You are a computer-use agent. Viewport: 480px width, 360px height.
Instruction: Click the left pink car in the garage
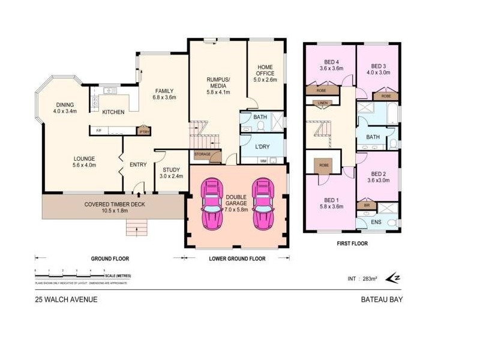[212, 203]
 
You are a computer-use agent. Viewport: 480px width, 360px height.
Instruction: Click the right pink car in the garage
[262, 203]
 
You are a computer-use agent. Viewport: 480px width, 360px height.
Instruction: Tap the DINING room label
[65, 108]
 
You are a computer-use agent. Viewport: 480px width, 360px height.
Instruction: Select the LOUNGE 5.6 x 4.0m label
[83, 161]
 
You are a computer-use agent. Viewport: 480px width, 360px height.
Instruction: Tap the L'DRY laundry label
[261, 147]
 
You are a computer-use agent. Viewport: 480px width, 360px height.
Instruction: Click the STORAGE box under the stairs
[202, 154]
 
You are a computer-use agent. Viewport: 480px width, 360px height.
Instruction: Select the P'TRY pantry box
[143, 131]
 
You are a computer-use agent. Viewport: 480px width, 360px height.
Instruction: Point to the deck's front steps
[136, 228]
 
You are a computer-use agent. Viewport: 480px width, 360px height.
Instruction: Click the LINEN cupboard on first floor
[323, 103]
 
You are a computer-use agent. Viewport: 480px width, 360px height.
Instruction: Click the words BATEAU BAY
[381, 299]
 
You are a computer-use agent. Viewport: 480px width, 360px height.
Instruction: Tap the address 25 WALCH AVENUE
[66, 299]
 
